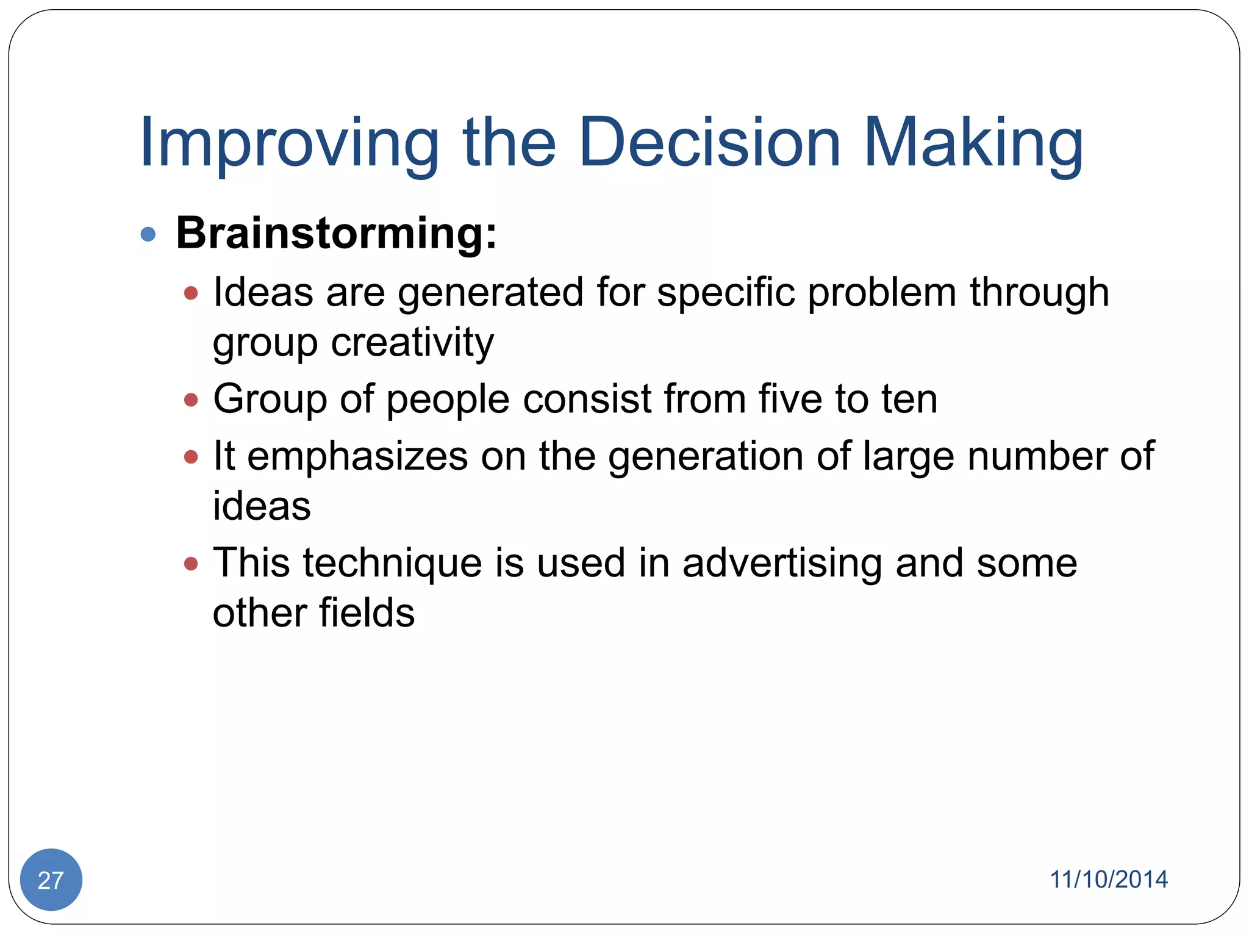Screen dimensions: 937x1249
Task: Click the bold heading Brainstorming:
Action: tap(336, 233)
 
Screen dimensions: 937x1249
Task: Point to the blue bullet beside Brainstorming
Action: tap(148, 234)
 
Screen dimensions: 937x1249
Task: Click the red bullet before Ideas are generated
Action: tap(191, 293)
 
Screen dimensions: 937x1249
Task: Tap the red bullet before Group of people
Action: tap(191, 400)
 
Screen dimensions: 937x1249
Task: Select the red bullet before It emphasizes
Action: tap(191, 457)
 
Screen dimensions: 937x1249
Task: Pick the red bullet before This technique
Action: tap(191, 564)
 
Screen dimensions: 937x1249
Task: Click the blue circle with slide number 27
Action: tap(51, 880)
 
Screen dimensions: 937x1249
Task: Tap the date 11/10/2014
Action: tap(1108, 880)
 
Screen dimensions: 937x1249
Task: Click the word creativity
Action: tap(412, 343)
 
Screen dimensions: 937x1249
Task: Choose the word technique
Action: tap(392, 564)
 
